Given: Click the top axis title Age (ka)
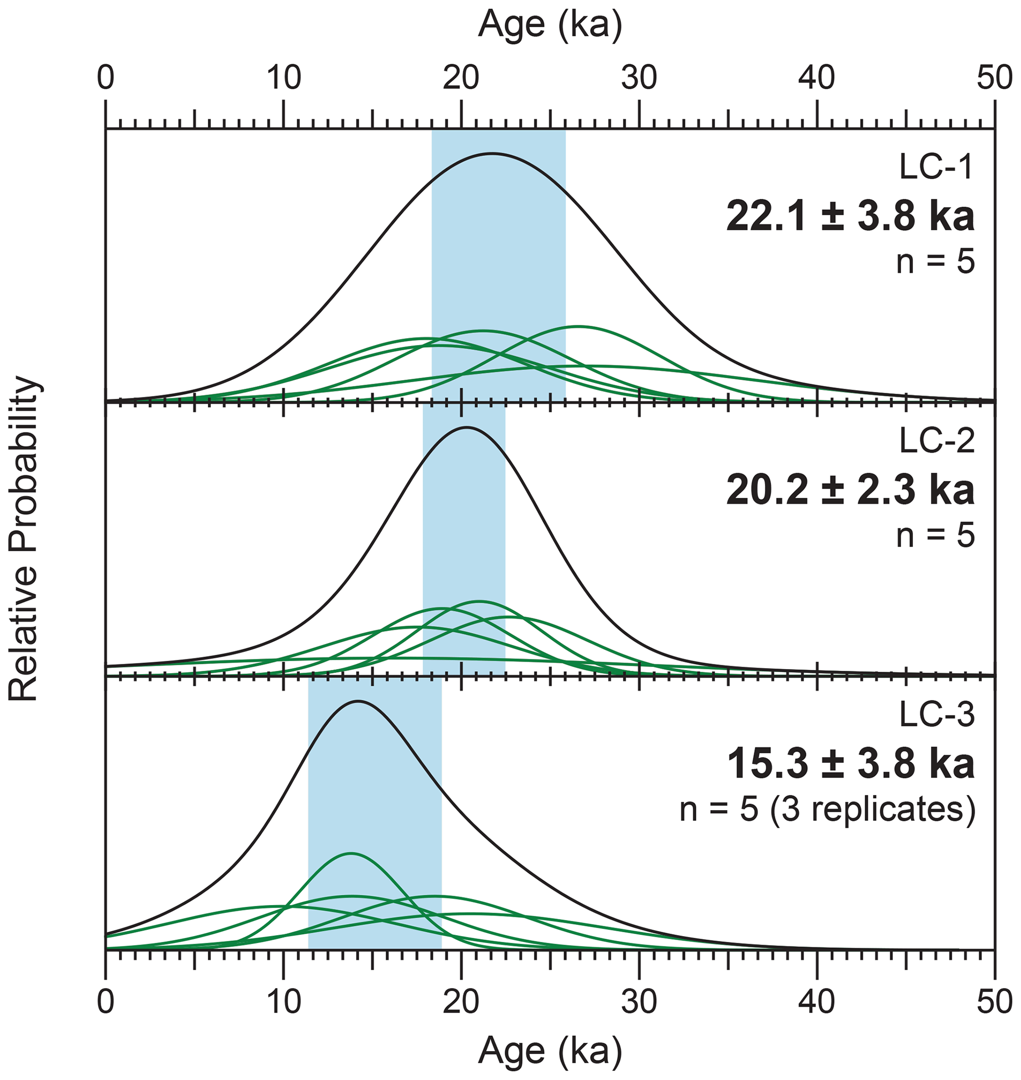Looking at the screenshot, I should coord(549,25).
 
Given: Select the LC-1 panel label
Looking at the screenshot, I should coord(936,168).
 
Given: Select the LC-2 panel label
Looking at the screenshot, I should coord(936,442).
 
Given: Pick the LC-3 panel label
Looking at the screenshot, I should coord(936,715).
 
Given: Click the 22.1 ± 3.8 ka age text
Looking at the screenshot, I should coord(850,216).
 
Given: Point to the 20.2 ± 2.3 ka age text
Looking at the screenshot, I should coord(850,490).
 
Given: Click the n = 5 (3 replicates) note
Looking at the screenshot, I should coord(827,810).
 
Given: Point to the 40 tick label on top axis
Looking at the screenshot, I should coord(817,80).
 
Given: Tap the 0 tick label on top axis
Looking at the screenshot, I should coord(106,80).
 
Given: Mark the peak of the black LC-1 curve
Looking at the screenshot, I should coord(492,154).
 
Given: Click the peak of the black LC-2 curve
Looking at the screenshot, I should coord(466,428).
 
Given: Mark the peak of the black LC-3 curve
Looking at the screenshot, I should coord(358,701).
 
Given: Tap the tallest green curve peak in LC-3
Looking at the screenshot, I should coord(350,854).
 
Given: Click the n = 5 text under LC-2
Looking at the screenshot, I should coord(936,535).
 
